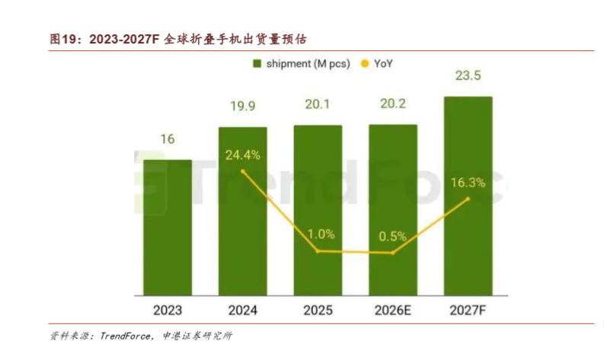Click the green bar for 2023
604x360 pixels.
pyautogui.click(x=168, y=228)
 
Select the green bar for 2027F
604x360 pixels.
pyautogui.click(x=468, y=196)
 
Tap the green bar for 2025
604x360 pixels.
pyautogui.click(x=318, y=210)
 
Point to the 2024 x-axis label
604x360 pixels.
pyautogui.click(x=243, y=311)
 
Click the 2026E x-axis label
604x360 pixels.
pyautogui.click(x=393, y=311)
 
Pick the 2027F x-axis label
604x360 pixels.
pyautogui.click(x=468, y=311)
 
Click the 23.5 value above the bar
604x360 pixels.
pyautogui.click(x=468, y=75)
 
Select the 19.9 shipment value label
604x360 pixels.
pyautogui.click(x=243, y=106)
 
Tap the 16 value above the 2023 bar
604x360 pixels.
pyautogui.click(x=168, y=139)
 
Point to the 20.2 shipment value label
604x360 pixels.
pyautogui.click(x=393, y=104)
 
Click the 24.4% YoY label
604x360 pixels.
pyautogui.click(x=243, y=155)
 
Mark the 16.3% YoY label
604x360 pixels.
pyautogui.click(x=468, y=183)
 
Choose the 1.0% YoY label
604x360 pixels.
pyautogui.click(x=321, y=234)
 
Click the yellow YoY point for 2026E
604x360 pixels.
pyautogui.click(x=392, y=253)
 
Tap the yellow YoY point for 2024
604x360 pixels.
pyautogui.click(x=243, y=171)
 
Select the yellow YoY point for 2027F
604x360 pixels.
pyautogui.click(x=468, y=199)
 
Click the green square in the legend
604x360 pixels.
pyautogui.click(x=257, y=63)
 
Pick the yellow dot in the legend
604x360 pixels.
pyautogui.click(x=364, y=63)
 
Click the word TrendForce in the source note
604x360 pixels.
pyautogui.click(x=125, y=336)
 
